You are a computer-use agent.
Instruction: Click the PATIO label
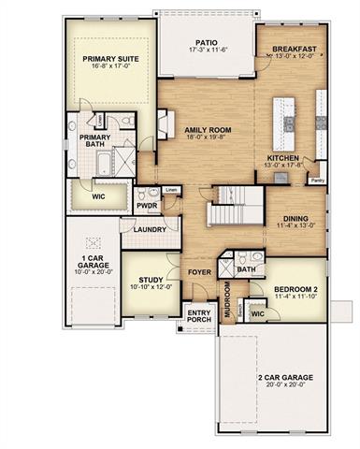coord(206,42)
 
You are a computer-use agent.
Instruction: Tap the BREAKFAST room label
coord(295,49)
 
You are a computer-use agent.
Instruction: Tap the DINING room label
coord(296,220)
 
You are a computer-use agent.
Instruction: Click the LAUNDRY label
coord(150,229)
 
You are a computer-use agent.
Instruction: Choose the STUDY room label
coord(151,280)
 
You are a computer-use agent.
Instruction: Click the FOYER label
coord(198,274)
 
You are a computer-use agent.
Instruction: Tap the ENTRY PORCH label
coord(198,317)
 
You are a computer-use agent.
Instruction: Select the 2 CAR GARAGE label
coord(285,378)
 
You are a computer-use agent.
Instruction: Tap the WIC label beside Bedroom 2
coord(257,313)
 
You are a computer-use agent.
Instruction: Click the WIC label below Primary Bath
coord(98,197)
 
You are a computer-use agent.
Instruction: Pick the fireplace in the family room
coord(164,124)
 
